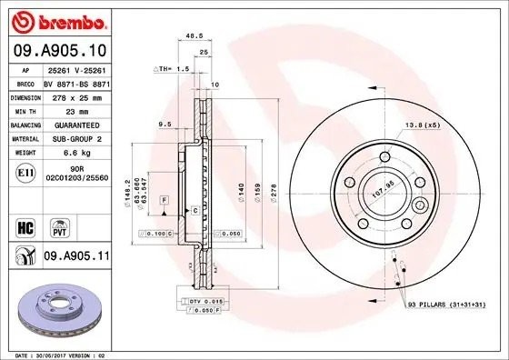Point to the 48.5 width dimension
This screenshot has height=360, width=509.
193,37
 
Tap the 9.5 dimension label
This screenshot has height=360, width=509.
165,123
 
